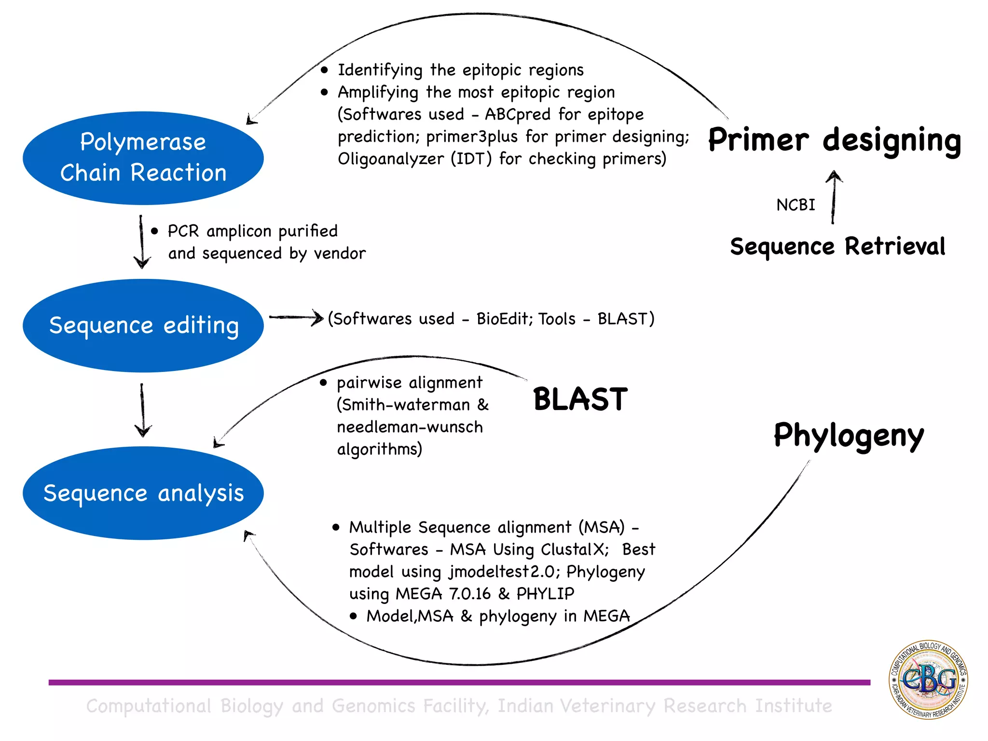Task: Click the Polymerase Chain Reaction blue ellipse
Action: pos(143,158)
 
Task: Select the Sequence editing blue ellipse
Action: pos(143,325)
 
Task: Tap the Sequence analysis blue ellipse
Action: pos(143,493)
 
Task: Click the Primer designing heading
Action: pos(834,140)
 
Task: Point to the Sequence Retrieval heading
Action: pos(837,247)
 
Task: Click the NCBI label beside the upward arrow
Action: pos(795,205)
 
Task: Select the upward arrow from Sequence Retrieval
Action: pos(833,198)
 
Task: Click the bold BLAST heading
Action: pos(580,399)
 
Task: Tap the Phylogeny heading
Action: pos(849,436)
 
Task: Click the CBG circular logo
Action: pos(928,679)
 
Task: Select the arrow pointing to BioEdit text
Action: pos(296,317)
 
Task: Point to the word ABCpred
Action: pos(517,114)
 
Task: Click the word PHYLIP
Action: pos(545,594)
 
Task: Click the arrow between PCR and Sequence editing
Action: pos(141,241)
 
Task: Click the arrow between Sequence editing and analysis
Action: pos(142,410)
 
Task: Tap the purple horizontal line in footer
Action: pos(458,682)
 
